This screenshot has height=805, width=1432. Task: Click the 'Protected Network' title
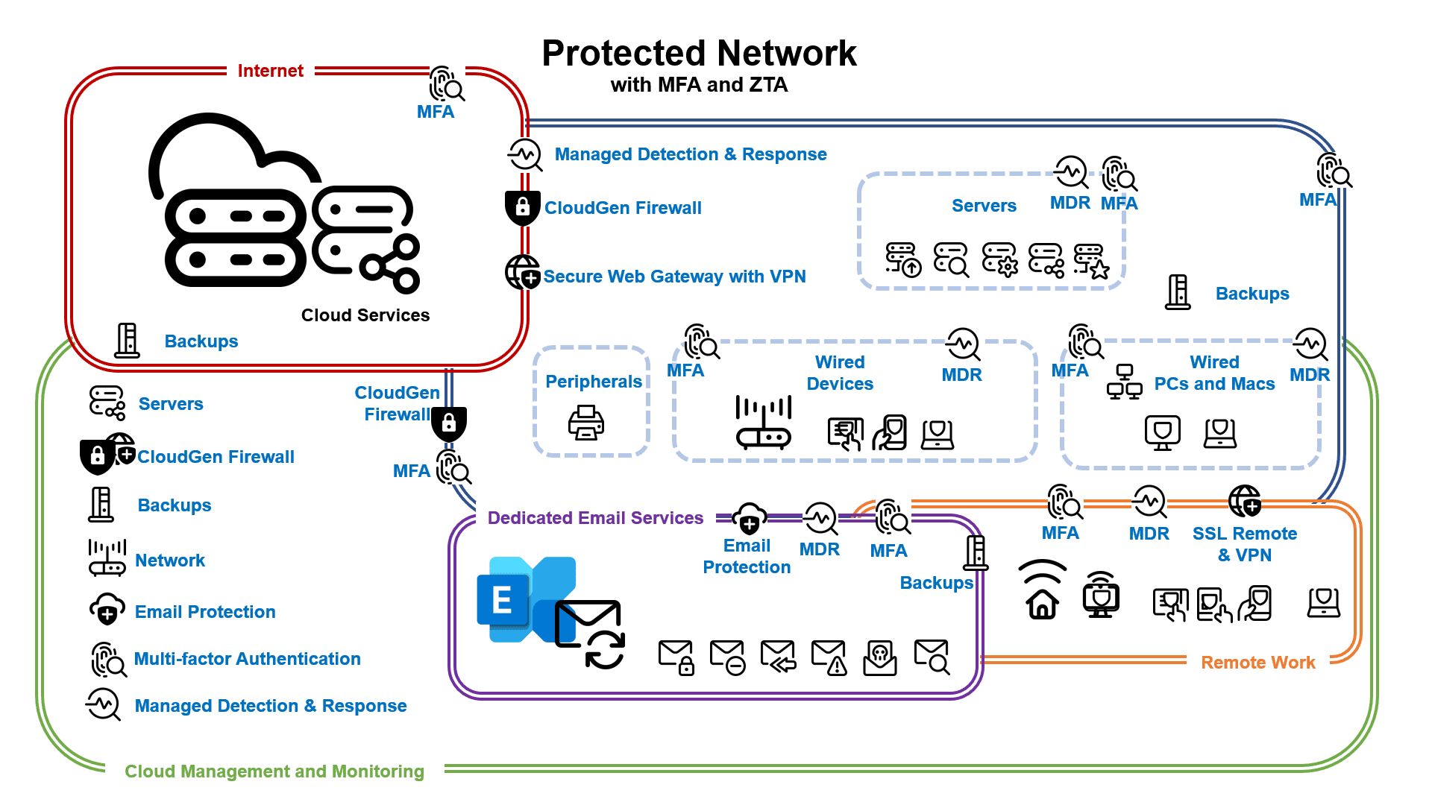point(699,54)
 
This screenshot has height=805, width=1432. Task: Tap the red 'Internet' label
point(270,71)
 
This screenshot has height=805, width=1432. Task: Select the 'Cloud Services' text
point(365,315)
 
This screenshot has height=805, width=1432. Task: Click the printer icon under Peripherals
point(586,423)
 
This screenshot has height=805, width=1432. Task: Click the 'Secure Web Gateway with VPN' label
point(674,277)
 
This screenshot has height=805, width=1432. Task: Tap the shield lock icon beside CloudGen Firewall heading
point(522,207)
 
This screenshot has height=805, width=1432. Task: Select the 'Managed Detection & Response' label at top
point(690,154)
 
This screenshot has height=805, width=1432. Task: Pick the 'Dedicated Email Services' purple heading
point(595,518)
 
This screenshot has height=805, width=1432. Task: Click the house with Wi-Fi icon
point(1042,590)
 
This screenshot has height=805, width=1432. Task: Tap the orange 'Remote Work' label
point(1257,663)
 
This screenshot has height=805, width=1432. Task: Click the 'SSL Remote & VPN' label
point(1244,544)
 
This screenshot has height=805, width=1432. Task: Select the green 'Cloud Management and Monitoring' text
point(274,771)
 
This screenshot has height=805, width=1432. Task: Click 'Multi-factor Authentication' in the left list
point(247,659)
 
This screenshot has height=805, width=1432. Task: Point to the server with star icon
point(1091,261)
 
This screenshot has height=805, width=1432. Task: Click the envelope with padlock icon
point(676,657)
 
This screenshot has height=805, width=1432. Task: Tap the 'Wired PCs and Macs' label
point(1214,373)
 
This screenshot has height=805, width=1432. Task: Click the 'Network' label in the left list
point(169,561)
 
